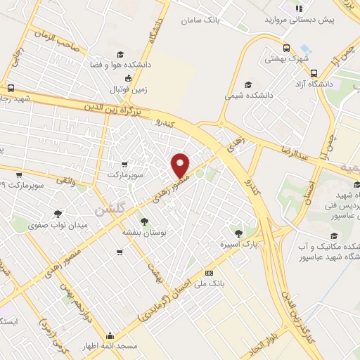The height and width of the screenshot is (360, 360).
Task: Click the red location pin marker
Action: tap(181, 165)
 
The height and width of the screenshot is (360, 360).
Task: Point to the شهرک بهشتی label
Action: tap(287, 60)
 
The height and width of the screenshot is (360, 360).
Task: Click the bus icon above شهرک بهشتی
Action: tap(286, 49)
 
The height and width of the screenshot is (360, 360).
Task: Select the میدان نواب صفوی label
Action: tap(57, 226)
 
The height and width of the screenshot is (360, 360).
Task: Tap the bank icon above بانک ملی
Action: tap(208, 272)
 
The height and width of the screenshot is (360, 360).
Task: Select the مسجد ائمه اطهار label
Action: tap(110, 347)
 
